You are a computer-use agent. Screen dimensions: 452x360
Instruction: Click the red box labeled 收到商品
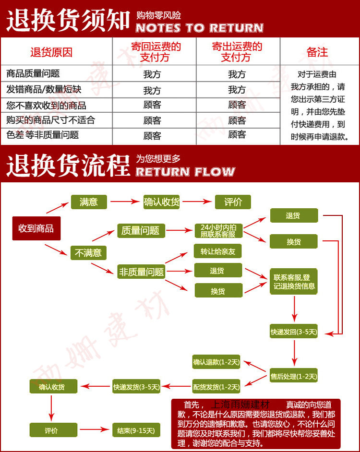point(36,228)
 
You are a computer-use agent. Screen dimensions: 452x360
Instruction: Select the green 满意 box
point(89,202)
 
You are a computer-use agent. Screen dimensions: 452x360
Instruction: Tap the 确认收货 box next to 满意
point(162,202)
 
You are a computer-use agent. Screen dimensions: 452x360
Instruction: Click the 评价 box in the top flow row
point(233,202)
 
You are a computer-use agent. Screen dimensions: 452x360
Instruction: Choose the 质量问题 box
point(141,231)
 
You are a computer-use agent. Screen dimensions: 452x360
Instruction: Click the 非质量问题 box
point(141,272)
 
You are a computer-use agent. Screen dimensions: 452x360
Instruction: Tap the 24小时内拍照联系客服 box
point(218,231)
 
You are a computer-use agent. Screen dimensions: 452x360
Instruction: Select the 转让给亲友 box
point(218,251)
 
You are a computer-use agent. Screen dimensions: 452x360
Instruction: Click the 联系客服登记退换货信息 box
point(294,282)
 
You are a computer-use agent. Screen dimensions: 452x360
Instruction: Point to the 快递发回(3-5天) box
point(294,332)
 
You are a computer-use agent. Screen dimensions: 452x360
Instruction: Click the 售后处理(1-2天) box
point(294,377)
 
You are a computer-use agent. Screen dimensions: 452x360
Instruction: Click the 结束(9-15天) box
point(136,430)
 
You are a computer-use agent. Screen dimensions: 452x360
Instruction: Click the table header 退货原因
point(51,52)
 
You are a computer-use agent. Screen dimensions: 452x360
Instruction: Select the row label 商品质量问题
point(33,74)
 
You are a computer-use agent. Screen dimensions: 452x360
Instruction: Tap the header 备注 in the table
point(317,52)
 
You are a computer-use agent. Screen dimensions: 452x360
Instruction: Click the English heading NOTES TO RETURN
point(200,28)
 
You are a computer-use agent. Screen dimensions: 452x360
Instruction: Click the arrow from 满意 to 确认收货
point(125,202)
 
